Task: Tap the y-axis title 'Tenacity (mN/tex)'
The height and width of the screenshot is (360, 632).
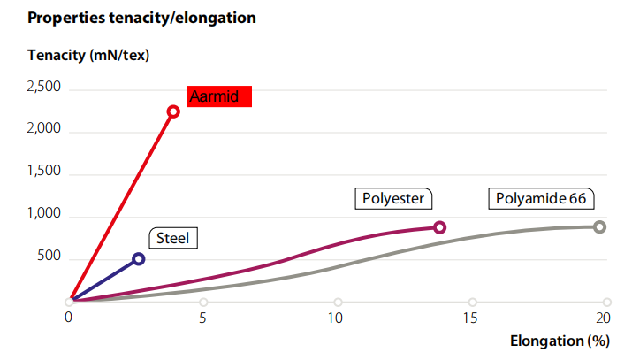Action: [x=88, y=55]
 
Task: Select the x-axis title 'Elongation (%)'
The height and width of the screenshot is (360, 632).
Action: [x=560, y=341]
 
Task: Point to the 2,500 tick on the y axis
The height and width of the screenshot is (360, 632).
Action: [x=44, y=88]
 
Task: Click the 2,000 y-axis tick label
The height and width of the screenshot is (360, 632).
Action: [x=44, y=130]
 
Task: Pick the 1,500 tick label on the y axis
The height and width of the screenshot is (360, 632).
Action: [x=44, y=172]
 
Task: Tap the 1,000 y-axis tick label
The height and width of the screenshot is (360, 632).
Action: [x=44, y=215]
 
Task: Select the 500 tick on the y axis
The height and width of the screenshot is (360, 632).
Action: [x=49, y=257]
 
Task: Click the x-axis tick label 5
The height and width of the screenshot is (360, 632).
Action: [x=203, y=318]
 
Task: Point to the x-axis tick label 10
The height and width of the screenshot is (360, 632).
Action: [x=336, y=318]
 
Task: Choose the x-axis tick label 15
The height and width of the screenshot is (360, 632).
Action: [x=471, y=318]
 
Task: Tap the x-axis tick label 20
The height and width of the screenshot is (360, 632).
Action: [x=605, y=318]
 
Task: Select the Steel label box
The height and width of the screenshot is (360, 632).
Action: [x=173, y=238]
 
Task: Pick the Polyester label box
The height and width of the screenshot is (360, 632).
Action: [x=394, y=198]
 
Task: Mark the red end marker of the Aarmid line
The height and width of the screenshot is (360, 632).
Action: [x=173, y=111]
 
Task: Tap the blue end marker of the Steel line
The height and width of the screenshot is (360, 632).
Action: [x=138, y=259]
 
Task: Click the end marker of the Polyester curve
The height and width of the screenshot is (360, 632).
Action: [x=439, y=227]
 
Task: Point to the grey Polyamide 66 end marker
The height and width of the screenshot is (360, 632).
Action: [x=599, y=226]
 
